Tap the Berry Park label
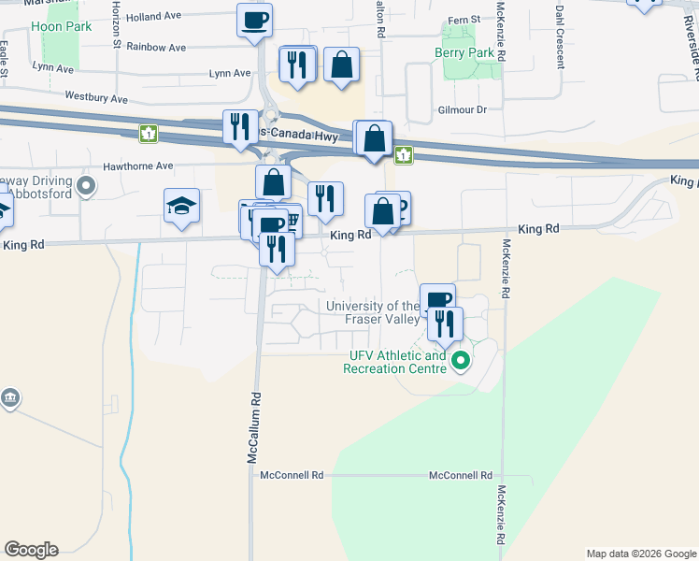click(x=464, y=53)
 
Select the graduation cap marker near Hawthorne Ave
click(x=181, y=208)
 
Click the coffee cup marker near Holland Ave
click(x=254, y=22)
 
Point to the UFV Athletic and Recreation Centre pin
click(x=460, y=360)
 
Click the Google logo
click(x=31, y=550)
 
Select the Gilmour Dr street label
click(x=463, y=109)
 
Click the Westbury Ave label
click(x=95, y=97)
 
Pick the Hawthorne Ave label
click(x=139, y=165)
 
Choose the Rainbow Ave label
click(x=156, y=46)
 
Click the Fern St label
click(x=464, y=19)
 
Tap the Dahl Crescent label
click(x=560, y=37)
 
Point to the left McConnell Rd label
click(x=292, y=475)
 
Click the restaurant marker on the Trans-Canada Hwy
click(x=240, y=126)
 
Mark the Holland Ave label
click(x=153, y=16)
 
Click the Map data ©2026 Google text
click(x=640, y=554)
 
